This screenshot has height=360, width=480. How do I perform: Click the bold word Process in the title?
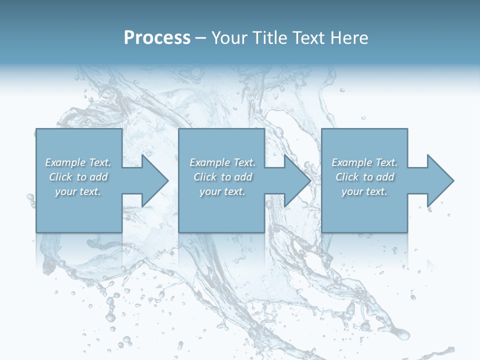tap(157, 38)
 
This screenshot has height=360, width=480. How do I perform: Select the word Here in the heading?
tap(349, 38)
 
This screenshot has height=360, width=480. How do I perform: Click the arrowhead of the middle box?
tap(297, 180)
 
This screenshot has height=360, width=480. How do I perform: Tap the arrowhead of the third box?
tap(440, 180)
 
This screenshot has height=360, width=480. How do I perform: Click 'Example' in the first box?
tap(65, 162)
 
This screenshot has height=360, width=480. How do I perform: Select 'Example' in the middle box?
tap(209, 162)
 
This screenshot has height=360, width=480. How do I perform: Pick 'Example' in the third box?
tap(351, 162)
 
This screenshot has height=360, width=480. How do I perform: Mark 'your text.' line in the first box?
tap(78, 191)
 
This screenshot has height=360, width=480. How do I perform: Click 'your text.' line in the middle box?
tap(222, 191)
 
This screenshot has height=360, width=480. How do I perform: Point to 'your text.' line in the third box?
tap(364, 191)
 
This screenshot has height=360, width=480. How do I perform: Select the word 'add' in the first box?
tap(99, 177)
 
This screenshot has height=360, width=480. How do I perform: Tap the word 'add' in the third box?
tap(385, 177)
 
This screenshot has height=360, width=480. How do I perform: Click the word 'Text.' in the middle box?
tap(244, 162)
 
